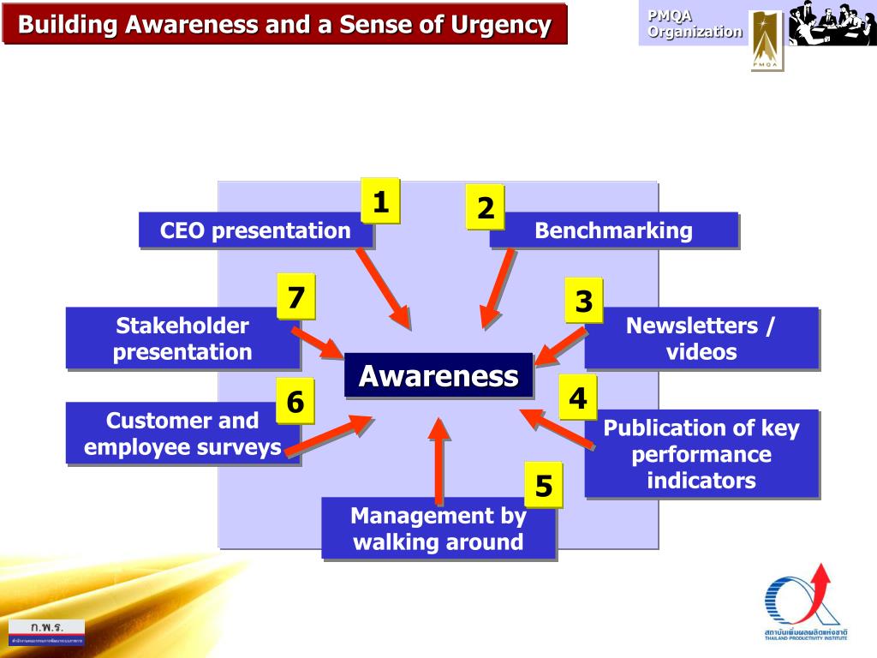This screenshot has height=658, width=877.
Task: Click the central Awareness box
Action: pyautogui.click(x=438, y=375)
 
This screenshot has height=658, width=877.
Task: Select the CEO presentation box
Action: pyautogui.click(x=255, y=230)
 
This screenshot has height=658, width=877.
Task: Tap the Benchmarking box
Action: pyautogui.click(x=613, y=230)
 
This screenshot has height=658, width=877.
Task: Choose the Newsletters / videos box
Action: pyautogui.click(x=701, y=338)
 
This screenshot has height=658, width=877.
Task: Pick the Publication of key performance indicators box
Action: pyautogui.click(x=701, y=454)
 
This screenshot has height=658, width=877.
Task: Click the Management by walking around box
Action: pyautogui.click(x=438, y=529)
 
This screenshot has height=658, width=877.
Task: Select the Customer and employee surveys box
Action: pyautogui.click(x=182, y=434)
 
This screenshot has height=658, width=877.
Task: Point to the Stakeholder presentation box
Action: pyautogui.click(x=182, y=338)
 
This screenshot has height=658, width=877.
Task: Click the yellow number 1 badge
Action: pyautogui.click(x=380, y=202)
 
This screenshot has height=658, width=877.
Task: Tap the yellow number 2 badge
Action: pyautogui.click(x=486, y=207)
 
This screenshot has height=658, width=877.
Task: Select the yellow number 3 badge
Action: pyautogui.click(x=583, y=301)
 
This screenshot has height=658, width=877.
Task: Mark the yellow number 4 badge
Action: pyautogui.click(x=578, y=398)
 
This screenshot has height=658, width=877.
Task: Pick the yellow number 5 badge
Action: pyautogui.click(x=544, y=486)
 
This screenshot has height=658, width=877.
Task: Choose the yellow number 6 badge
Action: pyautogui.click(x=295, y=401)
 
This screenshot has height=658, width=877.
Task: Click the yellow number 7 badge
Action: pyautogui.click(x=295, y=297)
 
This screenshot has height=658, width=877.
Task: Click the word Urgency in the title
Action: pyautogui.click(x=498, y=25)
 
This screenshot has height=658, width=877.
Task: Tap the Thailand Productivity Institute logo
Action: pyautogui.click(x=805, y=603)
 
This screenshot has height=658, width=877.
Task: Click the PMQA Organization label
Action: pyautogui.click(x=695, y=24)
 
